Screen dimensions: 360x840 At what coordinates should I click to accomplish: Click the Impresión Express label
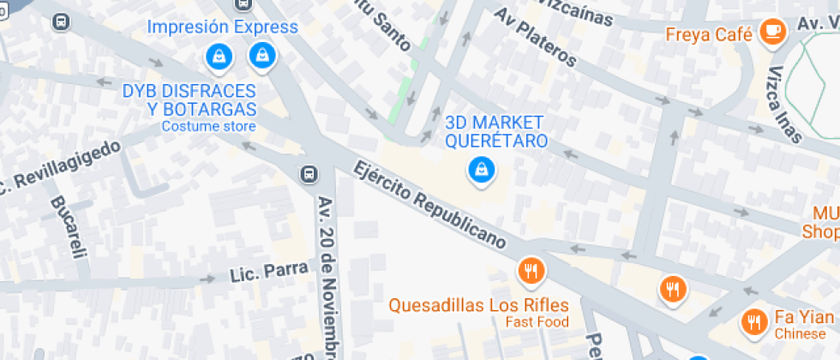pos(222,27)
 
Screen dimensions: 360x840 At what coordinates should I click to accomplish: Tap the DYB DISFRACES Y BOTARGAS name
pos(189,100)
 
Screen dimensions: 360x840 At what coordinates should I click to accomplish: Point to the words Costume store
pos(208,127)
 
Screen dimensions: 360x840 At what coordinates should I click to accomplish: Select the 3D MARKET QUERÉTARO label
pos(496,131)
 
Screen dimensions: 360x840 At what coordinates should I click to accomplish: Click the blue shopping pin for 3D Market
pos(481,169)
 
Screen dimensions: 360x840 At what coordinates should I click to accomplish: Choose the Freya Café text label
pos(709,35)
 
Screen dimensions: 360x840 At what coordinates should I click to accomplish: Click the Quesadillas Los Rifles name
pos(478,305)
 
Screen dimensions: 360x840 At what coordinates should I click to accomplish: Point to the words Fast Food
pos(537,322)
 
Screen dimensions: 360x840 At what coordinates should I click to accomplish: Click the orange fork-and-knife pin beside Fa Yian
pos(754,322)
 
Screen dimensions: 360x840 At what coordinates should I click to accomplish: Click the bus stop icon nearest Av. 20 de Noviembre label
pos(308,174)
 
